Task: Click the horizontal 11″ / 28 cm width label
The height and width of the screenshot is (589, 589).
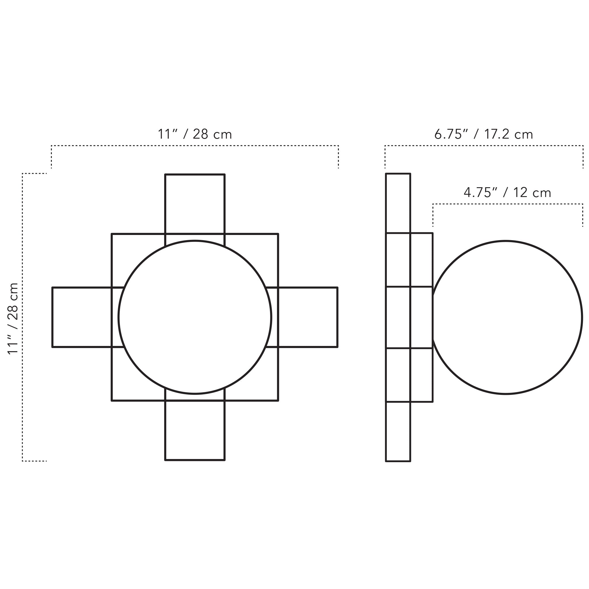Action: click(194, 134)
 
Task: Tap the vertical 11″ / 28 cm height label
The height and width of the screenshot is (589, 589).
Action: click(13, 319)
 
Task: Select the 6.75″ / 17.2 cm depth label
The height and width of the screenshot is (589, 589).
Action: click(483, 134)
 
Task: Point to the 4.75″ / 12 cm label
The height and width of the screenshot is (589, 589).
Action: click(507, 193)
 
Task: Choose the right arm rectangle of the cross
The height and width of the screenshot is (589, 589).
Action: click(308, 317)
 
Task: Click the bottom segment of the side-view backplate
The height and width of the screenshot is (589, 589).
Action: click(398, 431)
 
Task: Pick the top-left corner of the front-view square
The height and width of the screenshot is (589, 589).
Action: click(112, 234)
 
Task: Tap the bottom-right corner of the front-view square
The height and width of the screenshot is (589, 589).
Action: click(278, 400)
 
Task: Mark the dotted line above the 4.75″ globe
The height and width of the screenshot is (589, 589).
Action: click(508, 204)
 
